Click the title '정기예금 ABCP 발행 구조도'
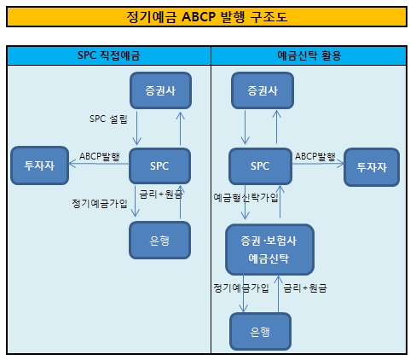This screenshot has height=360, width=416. [x=207, y=18]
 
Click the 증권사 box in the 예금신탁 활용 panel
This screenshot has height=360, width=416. [x=261, y=91]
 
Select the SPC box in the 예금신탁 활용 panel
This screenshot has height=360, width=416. [x=261, y=165]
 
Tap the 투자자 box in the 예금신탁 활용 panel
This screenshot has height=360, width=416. [x=372, y=165]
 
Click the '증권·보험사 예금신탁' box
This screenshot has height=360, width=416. [x=269, y=247]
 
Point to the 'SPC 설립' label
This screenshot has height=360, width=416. [x=108, y=119]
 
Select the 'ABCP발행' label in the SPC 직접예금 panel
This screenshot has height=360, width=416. [x=100, y=156]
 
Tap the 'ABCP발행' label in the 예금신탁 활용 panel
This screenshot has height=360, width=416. [x=316, y=156]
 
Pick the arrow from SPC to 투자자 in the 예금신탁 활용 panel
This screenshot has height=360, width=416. [x=317, y=166]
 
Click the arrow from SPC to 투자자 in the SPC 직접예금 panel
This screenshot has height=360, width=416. [x=100, y=166]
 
